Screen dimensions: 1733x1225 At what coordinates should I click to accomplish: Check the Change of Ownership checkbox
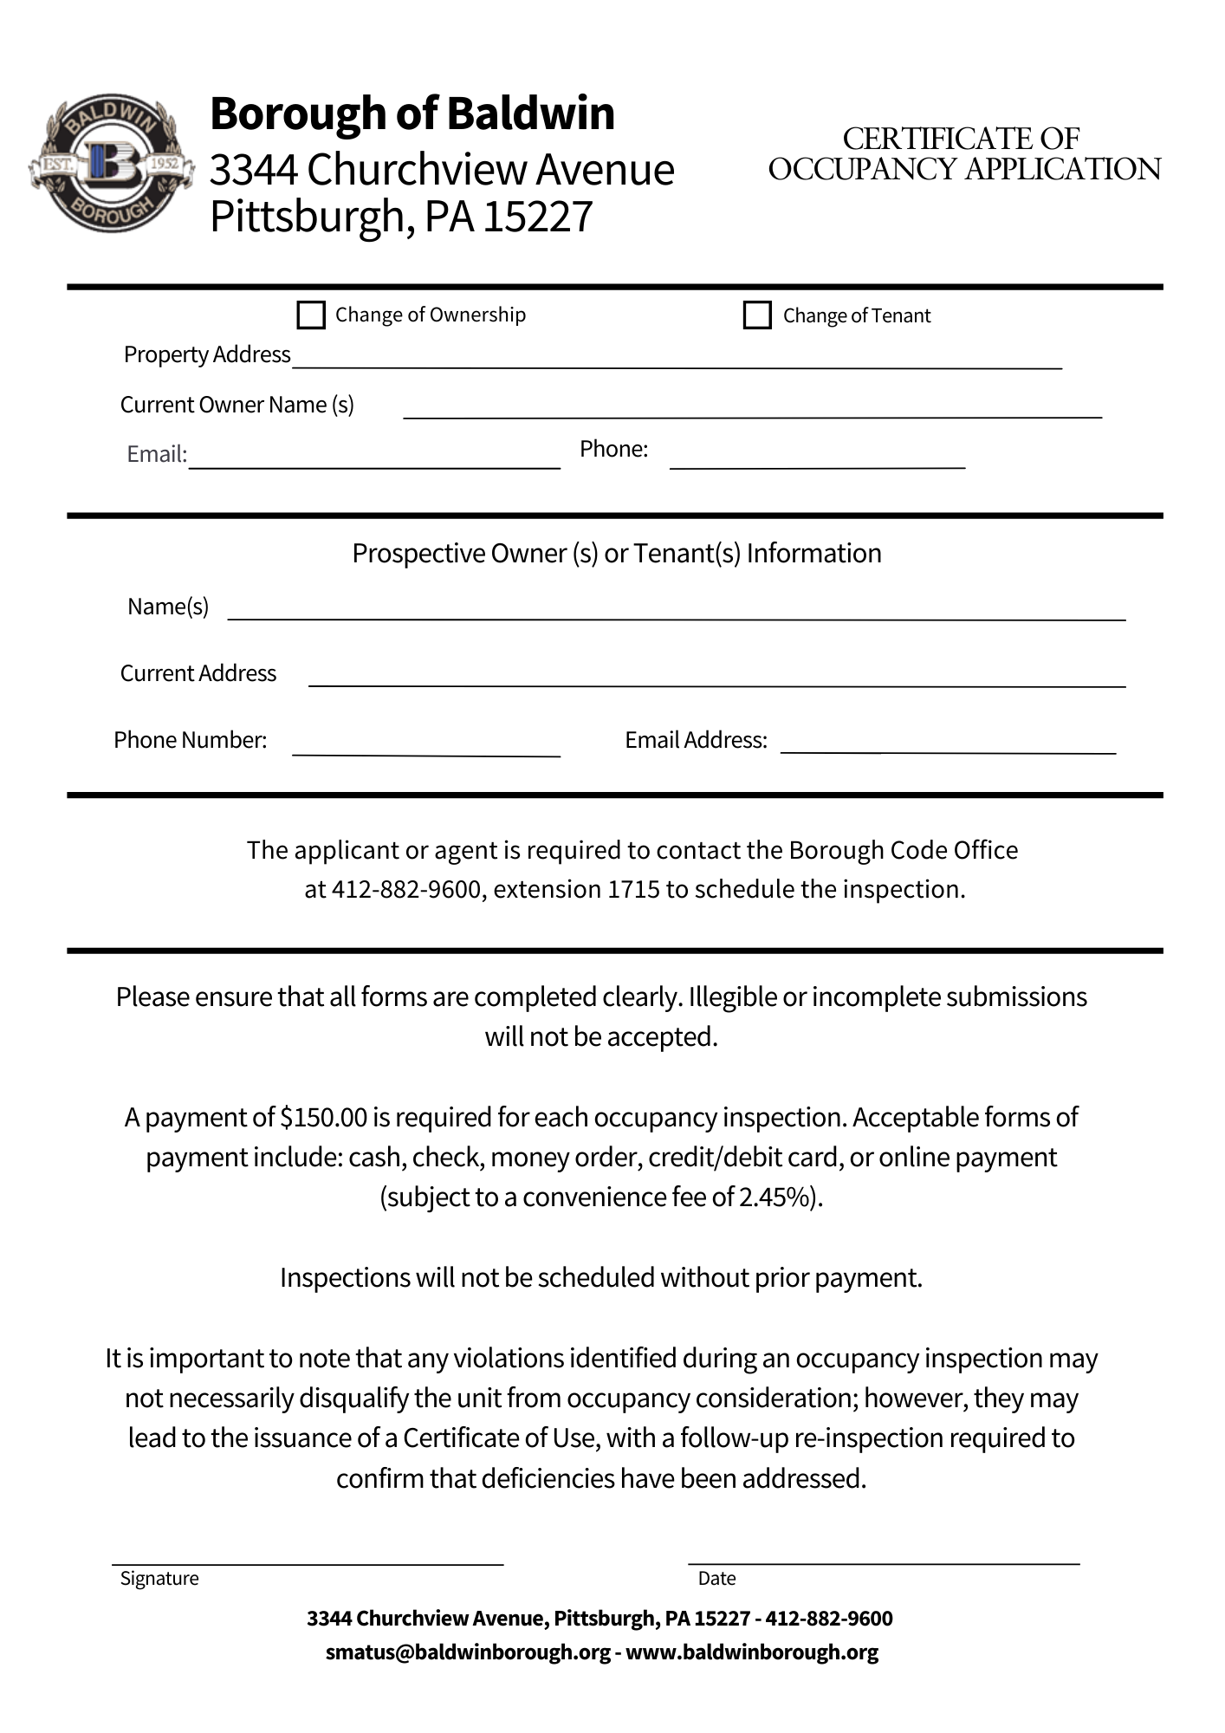[x=310, y=315]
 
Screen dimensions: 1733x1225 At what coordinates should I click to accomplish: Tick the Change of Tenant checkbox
[x=757, y=315]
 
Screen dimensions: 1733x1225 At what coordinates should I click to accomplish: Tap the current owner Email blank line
[x=374, y=459]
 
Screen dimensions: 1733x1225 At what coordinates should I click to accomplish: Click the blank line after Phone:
[x=817, y=459]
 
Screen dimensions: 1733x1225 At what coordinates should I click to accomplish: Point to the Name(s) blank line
[x=676, y=611]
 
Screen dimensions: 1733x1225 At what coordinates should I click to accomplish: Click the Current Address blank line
[x=716, y=678]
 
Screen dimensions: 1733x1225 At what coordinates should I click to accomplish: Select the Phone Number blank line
[x=426, y=747]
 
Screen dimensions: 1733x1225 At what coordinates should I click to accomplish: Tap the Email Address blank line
[x=948, y=745]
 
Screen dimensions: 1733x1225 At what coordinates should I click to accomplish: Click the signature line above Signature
[x=308, y=1556]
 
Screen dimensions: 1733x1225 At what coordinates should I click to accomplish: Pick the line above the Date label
[x=884, y=1555]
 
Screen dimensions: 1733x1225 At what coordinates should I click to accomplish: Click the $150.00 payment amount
[x=324, y=1118]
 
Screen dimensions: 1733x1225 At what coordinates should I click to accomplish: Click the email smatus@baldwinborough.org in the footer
[x=468, y=1652]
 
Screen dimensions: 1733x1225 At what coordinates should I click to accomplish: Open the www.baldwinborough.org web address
[x=752, y=1652]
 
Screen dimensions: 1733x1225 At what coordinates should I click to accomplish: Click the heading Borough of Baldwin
[x=412, y=114]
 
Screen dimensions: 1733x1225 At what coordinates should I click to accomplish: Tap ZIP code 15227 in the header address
[x=537, y=217]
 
